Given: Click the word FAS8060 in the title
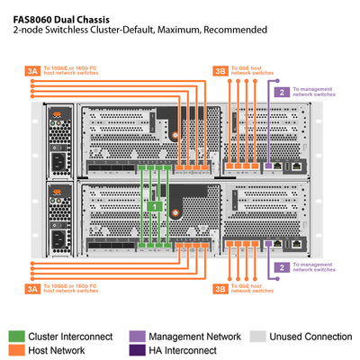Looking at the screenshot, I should [x=34, y=15].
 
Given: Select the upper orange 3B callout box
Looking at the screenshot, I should [x=220, y=70].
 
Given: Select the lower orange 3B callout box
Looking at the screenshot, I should [x=220, y=290].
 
